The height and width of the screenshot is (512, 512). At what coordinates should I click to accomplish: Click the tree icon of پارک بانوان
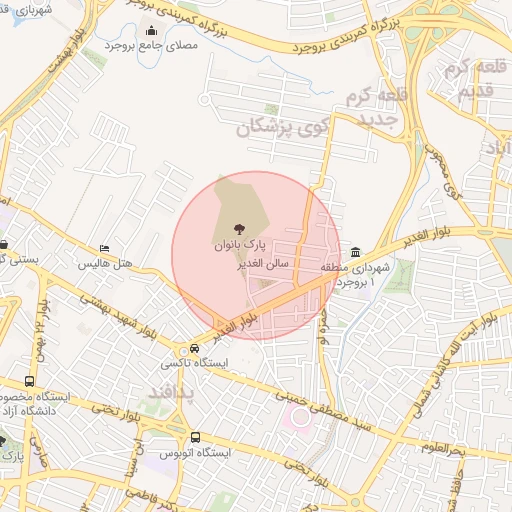(237, 229)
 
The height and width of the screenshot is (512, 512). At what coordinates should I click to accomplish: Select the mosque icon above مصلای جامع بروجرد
(151, 30)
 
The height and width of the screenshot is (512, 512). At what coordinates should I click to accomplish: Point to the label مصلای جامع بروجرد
(151, 45)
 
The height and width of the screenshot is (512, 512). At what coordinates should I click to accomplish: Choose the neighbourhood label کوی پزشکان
(282, 128)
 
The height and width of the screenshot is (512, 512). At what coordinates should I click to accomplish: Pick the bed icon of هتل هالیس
(104, 249)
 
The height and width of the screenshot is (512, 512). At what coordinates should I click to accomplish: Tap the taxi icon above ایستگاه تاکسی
(195, 348)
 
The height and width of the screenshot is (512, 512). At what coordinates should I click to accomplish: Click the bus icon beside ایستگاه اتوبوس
(195, 437)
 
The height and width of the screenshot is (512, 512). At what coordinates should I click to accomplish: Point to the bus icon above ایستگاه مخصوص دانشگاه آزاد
(29, 381)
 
